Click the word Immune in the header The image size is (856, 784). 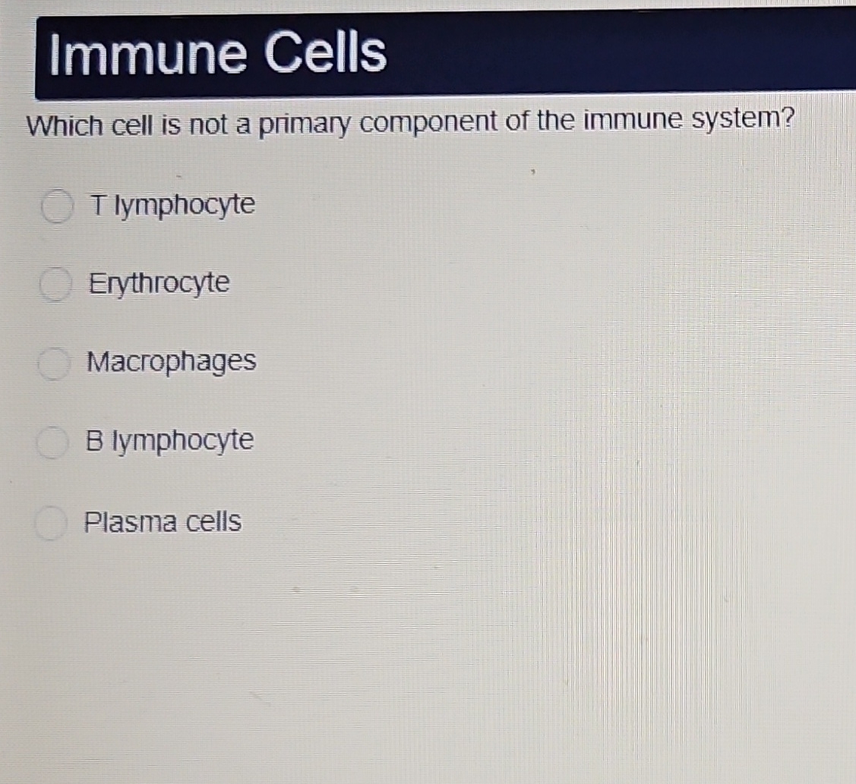[148, 55]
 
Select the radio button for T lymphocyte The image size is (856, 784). [56, 207]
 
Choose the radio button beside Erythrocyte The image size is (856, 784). [55, 287]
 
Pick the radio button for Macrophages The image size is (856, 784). [55, 364]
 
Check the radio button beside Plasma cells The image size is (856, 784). [51, 524]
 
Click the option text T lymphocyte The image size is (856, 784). [172, 205]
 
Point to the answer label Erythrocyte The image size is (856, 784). [159, 284]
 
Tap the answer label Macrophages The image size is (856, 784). [172, 362]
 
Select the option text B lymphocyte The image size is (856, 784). [169, 441]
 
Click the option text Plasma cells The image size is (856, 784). [163, 522]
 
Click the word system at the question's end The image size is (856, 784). [733, 121]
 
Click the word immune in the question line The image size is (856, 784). [624, 121]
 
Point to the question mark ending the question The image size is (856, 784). [787, 120]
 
